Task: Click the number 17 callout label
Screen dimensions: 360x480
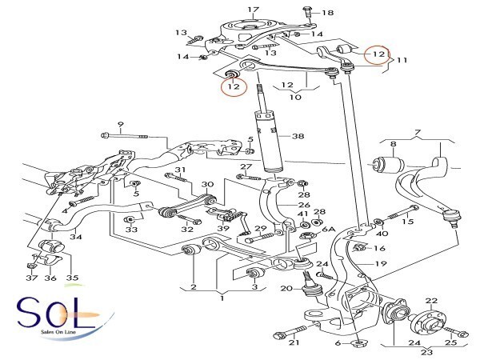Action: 254,10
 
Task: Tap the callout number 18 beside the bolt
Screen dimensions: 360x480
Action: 328,14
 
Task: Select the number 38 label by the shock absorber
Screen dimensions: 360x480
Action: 298,137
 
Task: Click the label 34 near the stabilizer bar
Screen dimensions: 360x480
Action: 75,236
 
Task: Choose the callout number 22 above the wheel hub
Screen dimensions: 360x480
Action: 431,301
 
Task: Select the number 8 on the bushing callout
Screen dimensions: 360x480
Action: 393,144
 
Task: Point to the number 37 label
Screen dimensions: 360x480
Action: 31,278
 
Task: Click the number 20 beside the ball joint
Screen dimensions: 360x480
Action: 287,289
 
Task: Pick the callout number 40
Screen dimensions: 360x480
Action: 382,234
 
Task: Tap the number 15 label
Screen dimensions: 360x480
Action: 407,222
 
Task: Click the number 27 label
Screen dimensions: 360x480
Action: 246,166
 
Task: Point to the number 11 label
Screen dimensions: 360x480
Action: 402,60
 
